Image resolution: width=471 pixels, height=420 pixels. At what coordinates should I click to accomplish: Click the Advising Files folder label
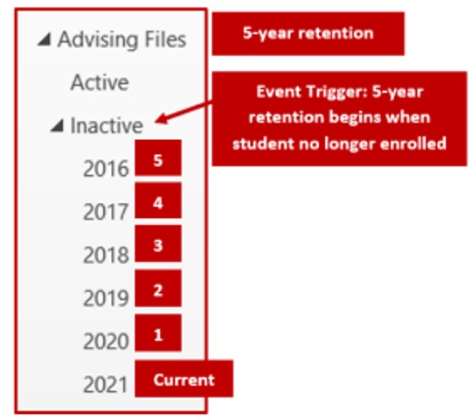tap(121, 40)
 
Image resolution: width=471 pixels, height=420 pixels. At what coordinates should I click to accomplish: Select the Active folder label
tap(99, 83)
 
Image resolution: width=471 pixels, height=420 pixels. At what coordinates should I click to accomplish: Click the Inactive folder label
tap(106, 126)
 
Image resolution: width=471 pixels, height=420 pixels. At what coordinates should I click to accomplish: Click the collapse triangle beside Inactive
tap(57, 126)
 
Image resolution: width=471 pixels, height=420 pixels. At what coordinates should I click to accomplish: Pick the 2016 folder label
tap(106, 169)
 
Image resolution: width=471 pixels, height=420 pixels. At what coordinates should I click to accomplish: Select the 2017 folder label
tap(106, 212)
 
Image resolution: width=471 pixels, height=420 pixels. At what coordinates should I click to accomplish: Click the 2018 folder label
tap(106, 255)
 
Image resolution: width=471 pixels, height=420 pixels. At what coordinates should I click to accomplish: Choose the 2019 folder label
tap(106, 297)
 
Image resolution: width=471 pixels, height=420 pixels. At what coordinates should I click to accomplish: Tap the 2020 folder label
tap(106, 340)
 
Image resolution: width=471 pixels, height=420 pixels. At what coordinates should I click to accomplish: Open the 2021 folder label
tap(106, 383)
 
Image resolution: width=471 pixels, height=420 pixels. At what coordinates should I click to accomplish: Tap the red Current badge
tap(184, 379)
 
